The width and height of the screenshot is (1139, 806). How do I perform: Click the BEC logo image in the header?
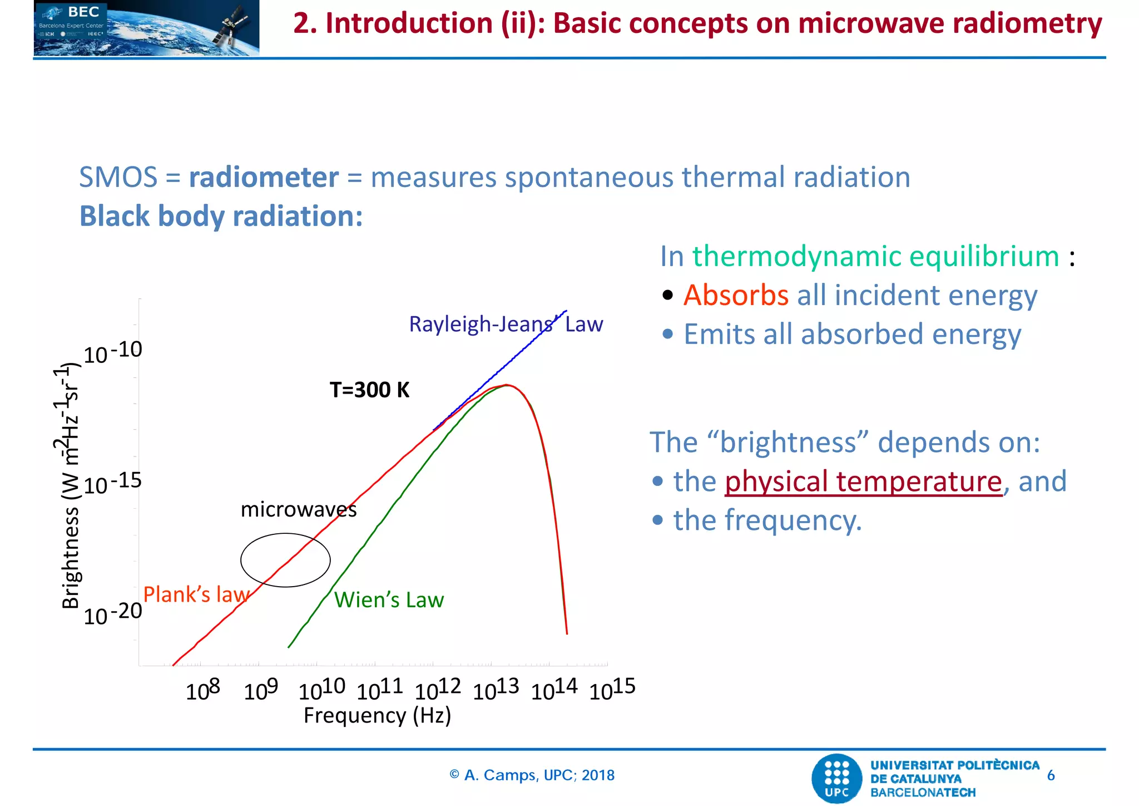[146, 28]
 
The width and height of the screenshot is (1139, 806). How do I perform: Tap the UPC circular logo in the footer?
[836, 778]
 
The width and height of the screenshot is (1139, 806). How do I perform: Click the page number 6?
[1051, 775]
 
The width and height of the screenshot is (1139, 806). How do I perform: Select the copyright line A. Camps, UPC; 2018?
[532, 775]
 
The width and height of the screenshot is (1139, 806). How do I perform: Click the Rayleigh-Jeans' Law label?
[506, 324]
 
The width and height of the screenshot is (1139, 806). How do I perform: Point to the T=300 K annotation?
[369, 390]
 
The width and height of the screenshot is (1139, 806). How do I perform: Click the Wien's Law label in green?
[389, 600]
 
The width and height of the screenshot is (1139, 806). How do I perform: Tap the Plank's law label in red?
[196, 594]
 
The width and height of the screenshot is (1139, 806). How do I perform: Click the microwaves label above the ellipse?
[298, 510]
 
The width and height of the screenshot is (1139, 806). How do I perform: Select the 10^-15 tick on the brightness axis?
[113, 483]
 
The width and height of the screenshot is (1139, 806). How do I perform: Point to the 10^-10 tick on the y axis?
[113, 352]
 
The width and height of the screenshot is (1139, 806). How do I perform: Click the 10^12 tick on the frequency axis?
[438, 689]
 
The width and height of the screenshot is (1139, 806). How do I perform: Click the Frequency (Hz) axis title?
[377, 715]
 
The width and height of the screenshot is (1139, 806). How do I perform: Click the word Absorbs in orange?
[735, 295]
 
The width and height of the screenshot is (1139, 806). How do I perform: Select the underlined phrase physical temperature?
[863, 481]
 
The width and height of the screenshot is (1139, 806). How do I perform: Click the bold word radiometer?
[264, 178]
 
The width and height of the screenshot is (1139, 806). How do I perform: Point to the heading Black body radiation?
[221, 216]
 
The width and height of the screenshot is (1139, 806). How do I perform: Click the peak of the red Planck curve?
[507, 385]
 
